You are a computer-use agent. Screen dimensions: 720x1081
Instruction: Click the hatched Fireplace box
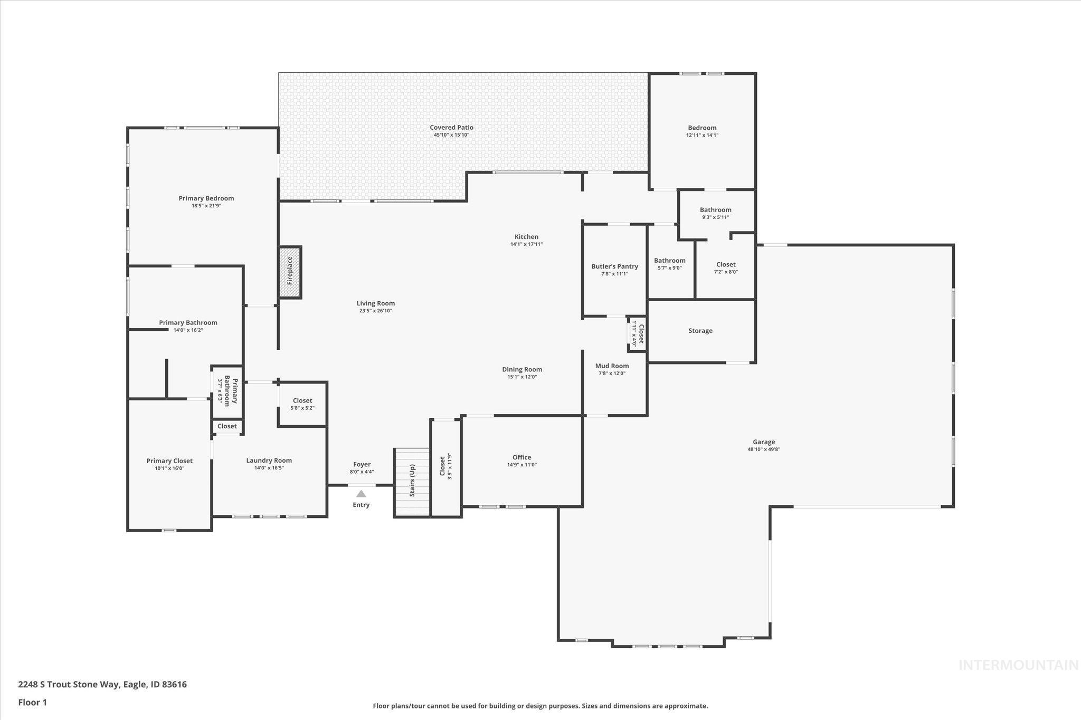[290, 272]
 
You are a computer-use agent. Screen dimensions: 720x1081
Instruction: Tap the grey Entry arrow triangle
[361, 494]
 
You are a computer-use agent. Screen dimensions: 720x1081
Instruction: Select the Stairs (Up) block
[412, 482]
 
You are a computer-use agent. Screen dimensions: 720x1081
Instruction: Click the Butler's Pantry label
[614, 266]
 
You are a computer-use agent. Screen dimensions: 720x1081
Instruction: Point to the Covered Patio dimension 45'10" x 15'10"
[451, 135]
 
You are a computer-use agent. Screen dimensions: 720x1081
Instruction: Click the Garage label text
[764, 442]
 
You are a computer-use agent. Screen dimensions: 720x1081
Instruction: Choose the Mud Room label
[612, 366]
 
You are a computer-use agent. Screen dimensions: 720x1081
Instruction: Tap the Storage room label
[700, 331]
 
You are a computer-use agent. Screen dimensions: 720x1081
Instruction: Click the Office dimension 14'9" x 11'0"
[521, 465]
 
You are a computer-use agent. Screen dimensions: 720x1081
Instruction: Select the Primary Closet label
[169, 461]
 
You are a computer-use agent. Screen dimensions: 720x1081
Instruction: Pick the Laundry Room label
[269, 460]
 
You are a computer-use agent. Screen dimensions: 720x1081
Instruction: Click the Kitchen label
[526, 237]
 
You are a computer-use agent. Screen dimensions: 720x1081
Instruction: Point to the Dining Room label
[522, 369]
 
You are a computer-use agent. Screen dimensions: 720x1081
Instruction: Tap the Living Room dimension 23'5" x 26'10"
[375, 311]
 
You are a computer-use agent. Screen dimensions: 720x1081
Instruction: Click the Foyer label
[362, 465]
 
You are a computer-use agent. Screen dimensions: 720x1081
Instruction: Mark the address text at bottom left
[102, 685]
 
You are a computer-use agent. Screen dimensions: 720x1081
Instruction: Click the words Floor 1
[33, 702]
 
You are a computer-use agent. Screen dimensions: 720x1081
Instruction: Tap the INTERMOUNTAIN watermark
[1018, 666]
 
